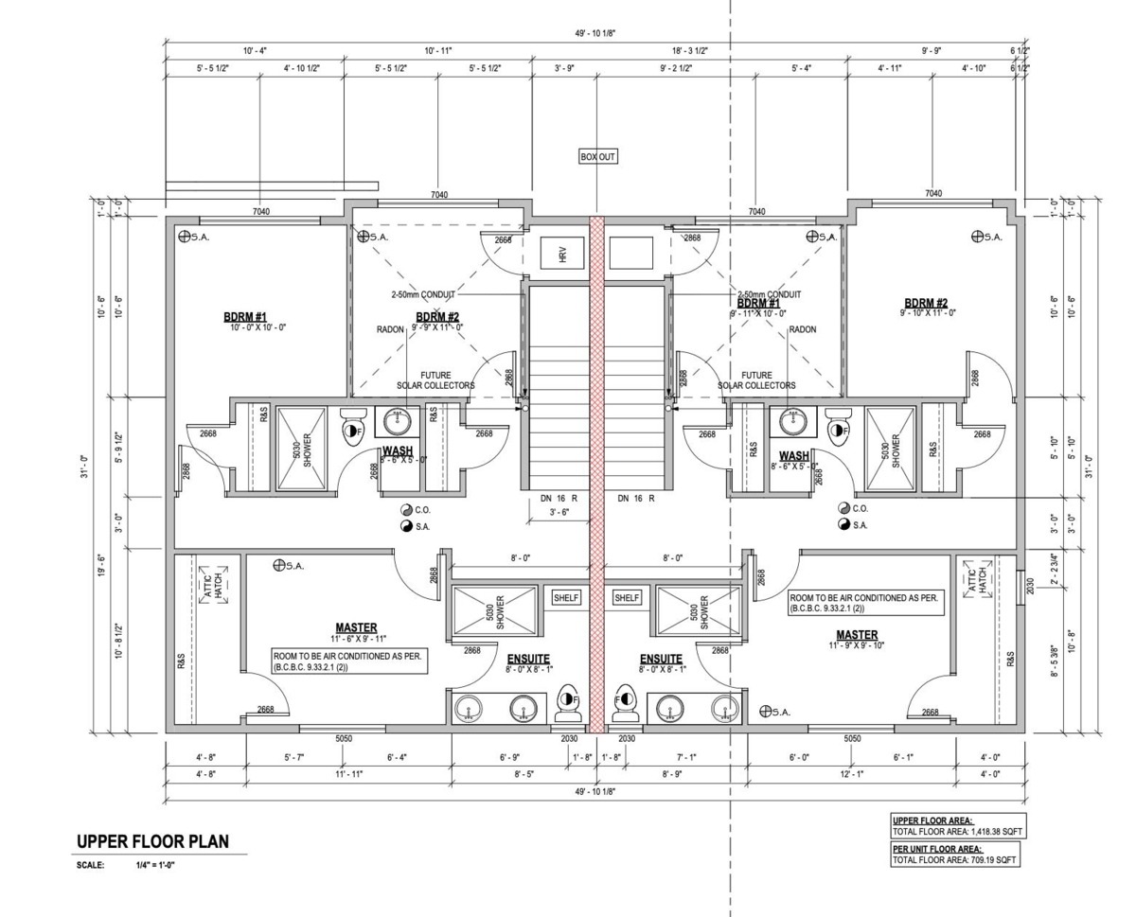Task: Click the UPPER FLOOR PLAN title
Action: tap(152, 842)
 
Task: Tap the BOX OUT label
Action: tap(598, 157)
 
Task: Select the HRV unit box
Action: tap(562, 254)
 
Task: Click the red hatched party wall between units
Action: tap(596, 473)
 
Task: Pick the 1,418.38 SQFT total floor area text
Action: tap(957, 832)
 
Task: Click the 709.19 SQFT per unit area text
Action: tap(955, 860)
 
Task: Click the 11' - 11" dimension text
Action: tap(349, 774)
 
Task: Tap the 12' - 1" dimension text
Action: tap(851, 774)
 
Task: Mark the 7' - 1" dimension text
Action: tap(687, 757)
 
